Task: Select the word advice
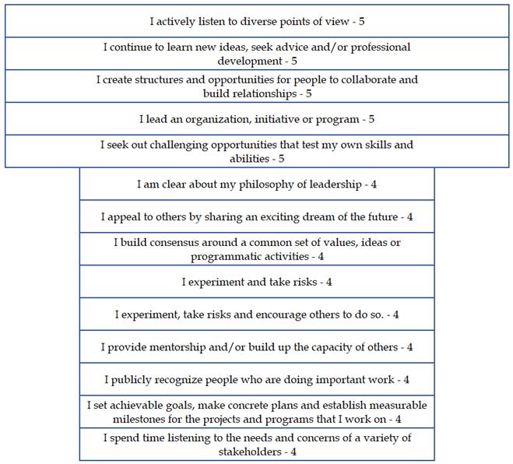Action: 289,47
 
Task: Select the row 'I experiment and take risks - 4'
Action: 257,282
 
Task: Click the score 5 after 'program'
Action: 372,119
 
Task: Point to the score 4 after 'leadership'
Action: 373,185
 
